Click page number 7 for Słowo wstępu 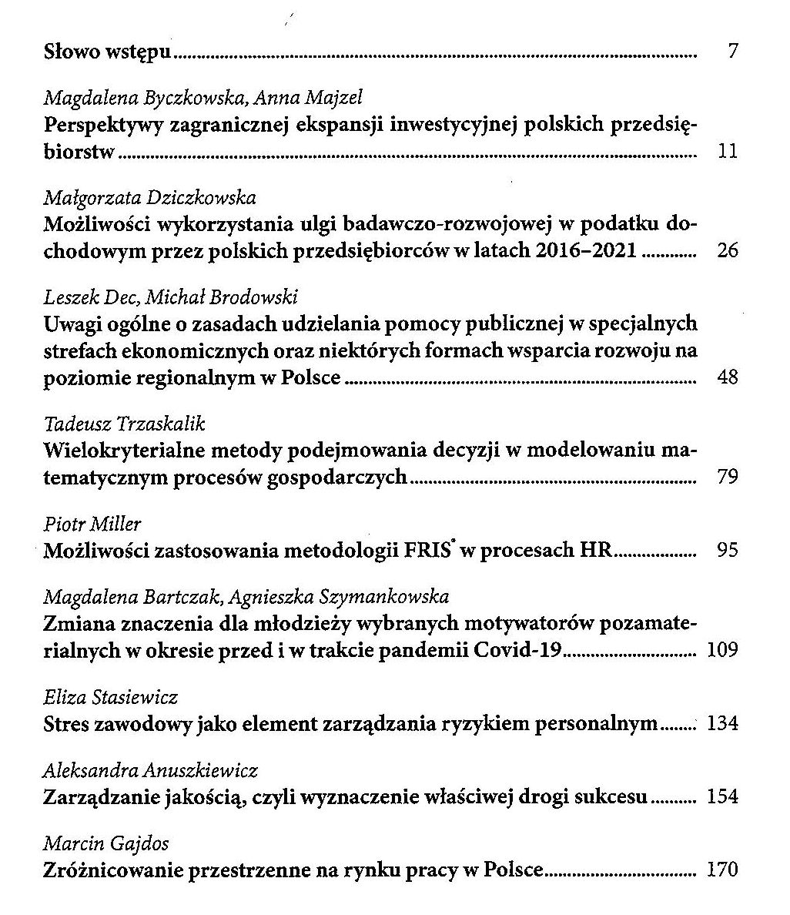coord(732,52)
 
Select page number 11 coord(728,151)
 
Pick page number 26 coord(727,250)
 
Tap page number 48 coord(727,377)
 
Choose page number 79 coord(727,477)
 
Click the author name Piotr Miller coord(92,525)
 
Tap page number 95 coord(727,550)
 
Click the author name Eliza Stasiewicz coord(111,698)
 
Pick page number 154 coord(722,796)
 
